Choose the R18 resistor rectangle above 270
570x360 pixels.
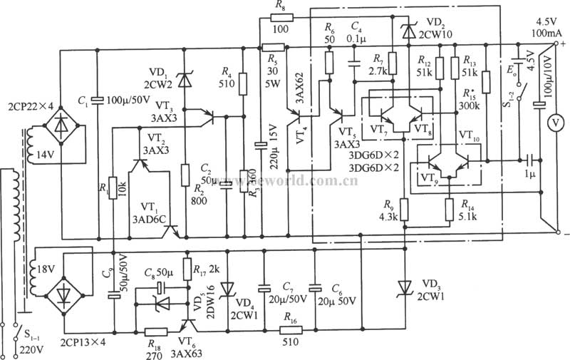coord(154,331)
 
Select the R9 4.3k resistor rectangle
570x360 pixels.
coord(404,209)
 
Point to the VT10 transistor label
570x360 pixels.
coord(470,134)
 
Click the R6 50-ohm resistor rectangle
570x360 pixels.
coord(329,62)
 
